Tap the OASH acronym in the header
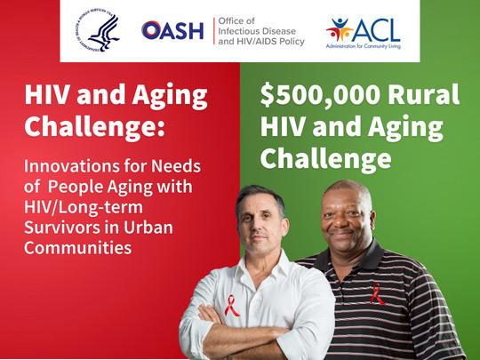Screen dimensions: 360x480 click(172, 30)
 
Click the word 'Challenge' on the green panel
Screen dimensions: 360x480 click(325, 158)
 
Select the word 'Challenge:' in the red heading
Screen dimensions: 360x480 click(94, 126)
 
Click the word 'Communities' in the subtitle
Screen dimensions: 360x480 click(70, 249)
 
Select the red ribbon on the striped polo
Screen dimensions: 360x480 click(377, 294)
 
